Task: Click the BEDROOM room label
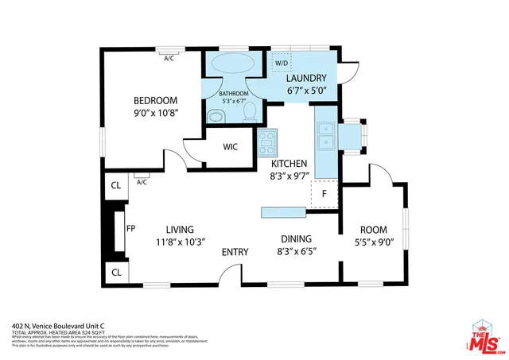[154, 101]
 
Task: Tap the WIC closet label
[231, 146]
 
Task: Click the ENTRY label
[235, 252]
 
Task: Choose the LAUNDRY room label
[306, 78]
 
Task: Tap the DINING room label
[294, 238]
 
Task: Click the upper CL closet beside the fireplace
[115, 187]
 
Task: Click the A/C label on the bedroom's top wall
[169, 58]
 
